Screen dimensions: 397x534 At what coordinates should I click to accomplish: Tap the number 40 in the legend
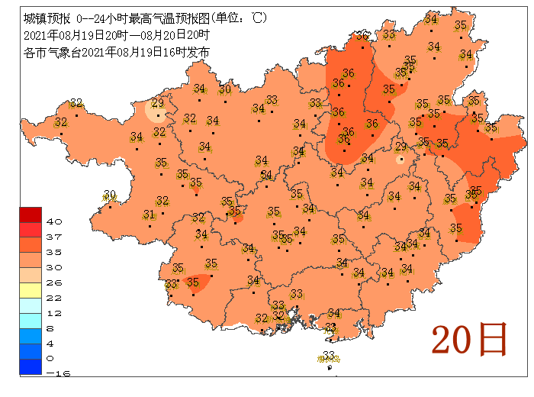click(x=53, y=221)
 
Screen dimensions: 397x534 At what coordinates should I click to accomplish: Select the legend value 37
click(x=53, y=237)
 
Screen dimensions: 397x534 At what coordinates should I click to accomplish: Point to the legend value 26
click(x=53, y=282)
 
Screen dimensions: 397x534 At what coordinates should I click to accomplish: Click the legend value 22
click(x=53, y=298)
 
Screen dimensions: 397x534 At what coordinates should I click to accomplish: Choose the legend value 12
click(x=53, y=313)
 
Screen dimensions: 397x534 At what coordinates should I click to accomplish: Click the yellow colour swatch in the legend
click(x=31, y=290)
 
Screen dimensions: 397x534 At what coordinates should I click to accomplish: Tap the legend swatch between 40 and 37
click(x=31, y=229)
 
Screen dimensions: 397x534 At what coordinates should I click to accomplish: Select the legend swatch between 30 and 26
click(x=31, y=275)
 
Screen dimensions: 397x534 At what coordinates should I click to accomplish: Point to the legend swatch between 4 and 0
click(x=31, y=351)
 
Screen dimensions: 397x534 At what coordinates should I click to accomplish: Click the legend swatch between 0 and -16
click(x=31, y=366)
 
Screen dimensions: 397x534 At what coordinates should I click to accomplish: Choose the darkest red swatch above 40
click(x=31, y=214)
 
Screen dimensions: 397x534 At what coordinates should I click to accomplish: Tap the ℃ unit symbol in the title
click(x=259, y=18)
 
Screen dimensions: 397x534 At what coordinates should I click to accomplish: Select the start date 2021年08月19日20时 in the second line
click(x=72, y=35)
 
